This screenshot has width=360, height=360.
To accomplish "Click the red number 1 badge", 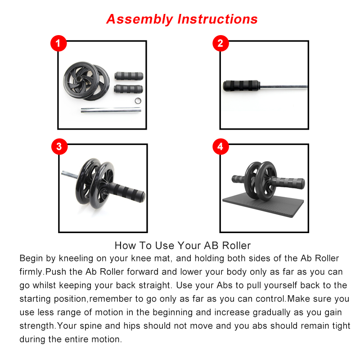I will click(x=58, y=44).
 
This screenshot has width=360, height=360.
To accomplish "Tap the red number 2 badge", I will click(x=220, y=43).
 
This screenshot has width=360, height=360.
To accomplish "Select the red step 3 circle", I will click(x=58, y=147).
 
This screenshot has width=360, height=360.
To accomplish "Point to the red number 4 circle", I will click(x=220, y=147).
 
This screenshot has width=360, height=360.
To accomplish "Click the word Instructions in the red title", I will click(x=218, y=19).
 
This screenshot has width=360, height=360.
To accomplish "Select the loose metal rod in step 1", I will click(x=110, y=109).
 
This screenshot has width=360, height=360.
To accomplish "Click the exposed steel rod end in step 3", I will click(x=70, y=173).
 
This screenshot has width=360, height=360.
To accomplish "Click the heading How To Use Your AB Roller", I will click(x=183, y=246).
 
